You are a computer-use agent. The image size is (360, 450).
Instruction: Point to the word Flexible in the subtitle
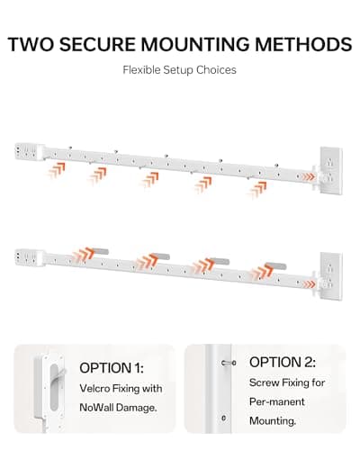pyautogui.click(x=141, y=70)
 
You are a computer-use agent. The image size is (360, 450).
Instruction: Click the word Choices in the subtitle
pyautogui.click(x=216, y=70)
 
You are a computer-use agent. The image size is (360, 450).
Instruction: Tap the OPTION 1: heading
pyautogui.click(x=112, y=368)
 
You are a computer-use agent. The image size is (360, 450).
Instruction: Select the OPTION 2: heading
pyautogui.click(x=283, y=362)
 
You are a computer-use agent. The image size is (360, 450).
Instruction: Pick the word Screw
pyautogui.click(x=264, y=382)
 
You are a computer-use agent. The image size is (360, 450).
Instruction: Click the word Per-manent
pyautogui.click(x=277, y=401)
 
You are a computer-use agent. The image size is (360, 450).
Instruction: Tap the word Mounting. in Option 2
pyautogui.click(x=273, y=421)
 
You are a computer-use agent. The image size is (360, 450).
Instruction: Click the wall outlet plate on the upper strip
pyautogui.click(x=331, y=170)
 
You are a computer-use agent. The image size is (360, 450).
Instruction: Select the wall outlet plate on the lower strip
pyautogui.click(x=331, y=276)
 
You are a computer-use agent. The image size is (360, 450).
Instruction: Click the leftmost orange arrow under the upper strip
pyautogui.click(x=57, y=170)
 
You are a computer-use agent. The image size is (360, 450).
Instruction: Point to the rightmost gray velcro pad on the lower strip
pyautogui.click(x=275, y=265)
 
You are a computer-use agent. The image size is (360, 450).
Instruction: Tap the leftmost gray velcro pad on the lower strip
pyautogui.click(x=98, y=251)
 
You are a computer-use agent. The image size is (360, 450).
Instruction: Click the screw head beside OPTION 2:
pyautogui.click(x=229, y=364)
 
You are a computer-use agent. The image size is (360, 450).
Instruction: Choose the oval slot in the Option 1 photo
pyautogui.click(x=54, y=387)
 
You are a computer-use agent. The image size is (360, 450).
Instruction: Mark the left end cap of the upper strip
pyautogui.click(x=30, y=151)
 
